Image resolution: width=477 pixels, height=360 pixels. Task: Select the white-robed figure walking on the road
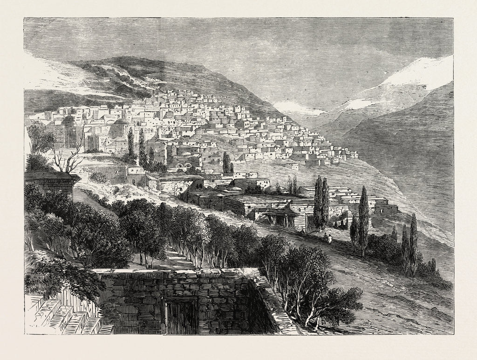pos(330,239)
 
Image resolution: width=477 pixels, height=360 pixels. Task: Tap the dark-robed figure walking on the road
pos(325,238)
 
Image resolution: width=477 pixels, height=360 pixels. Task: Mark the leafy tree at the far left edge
pos(40,137)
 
